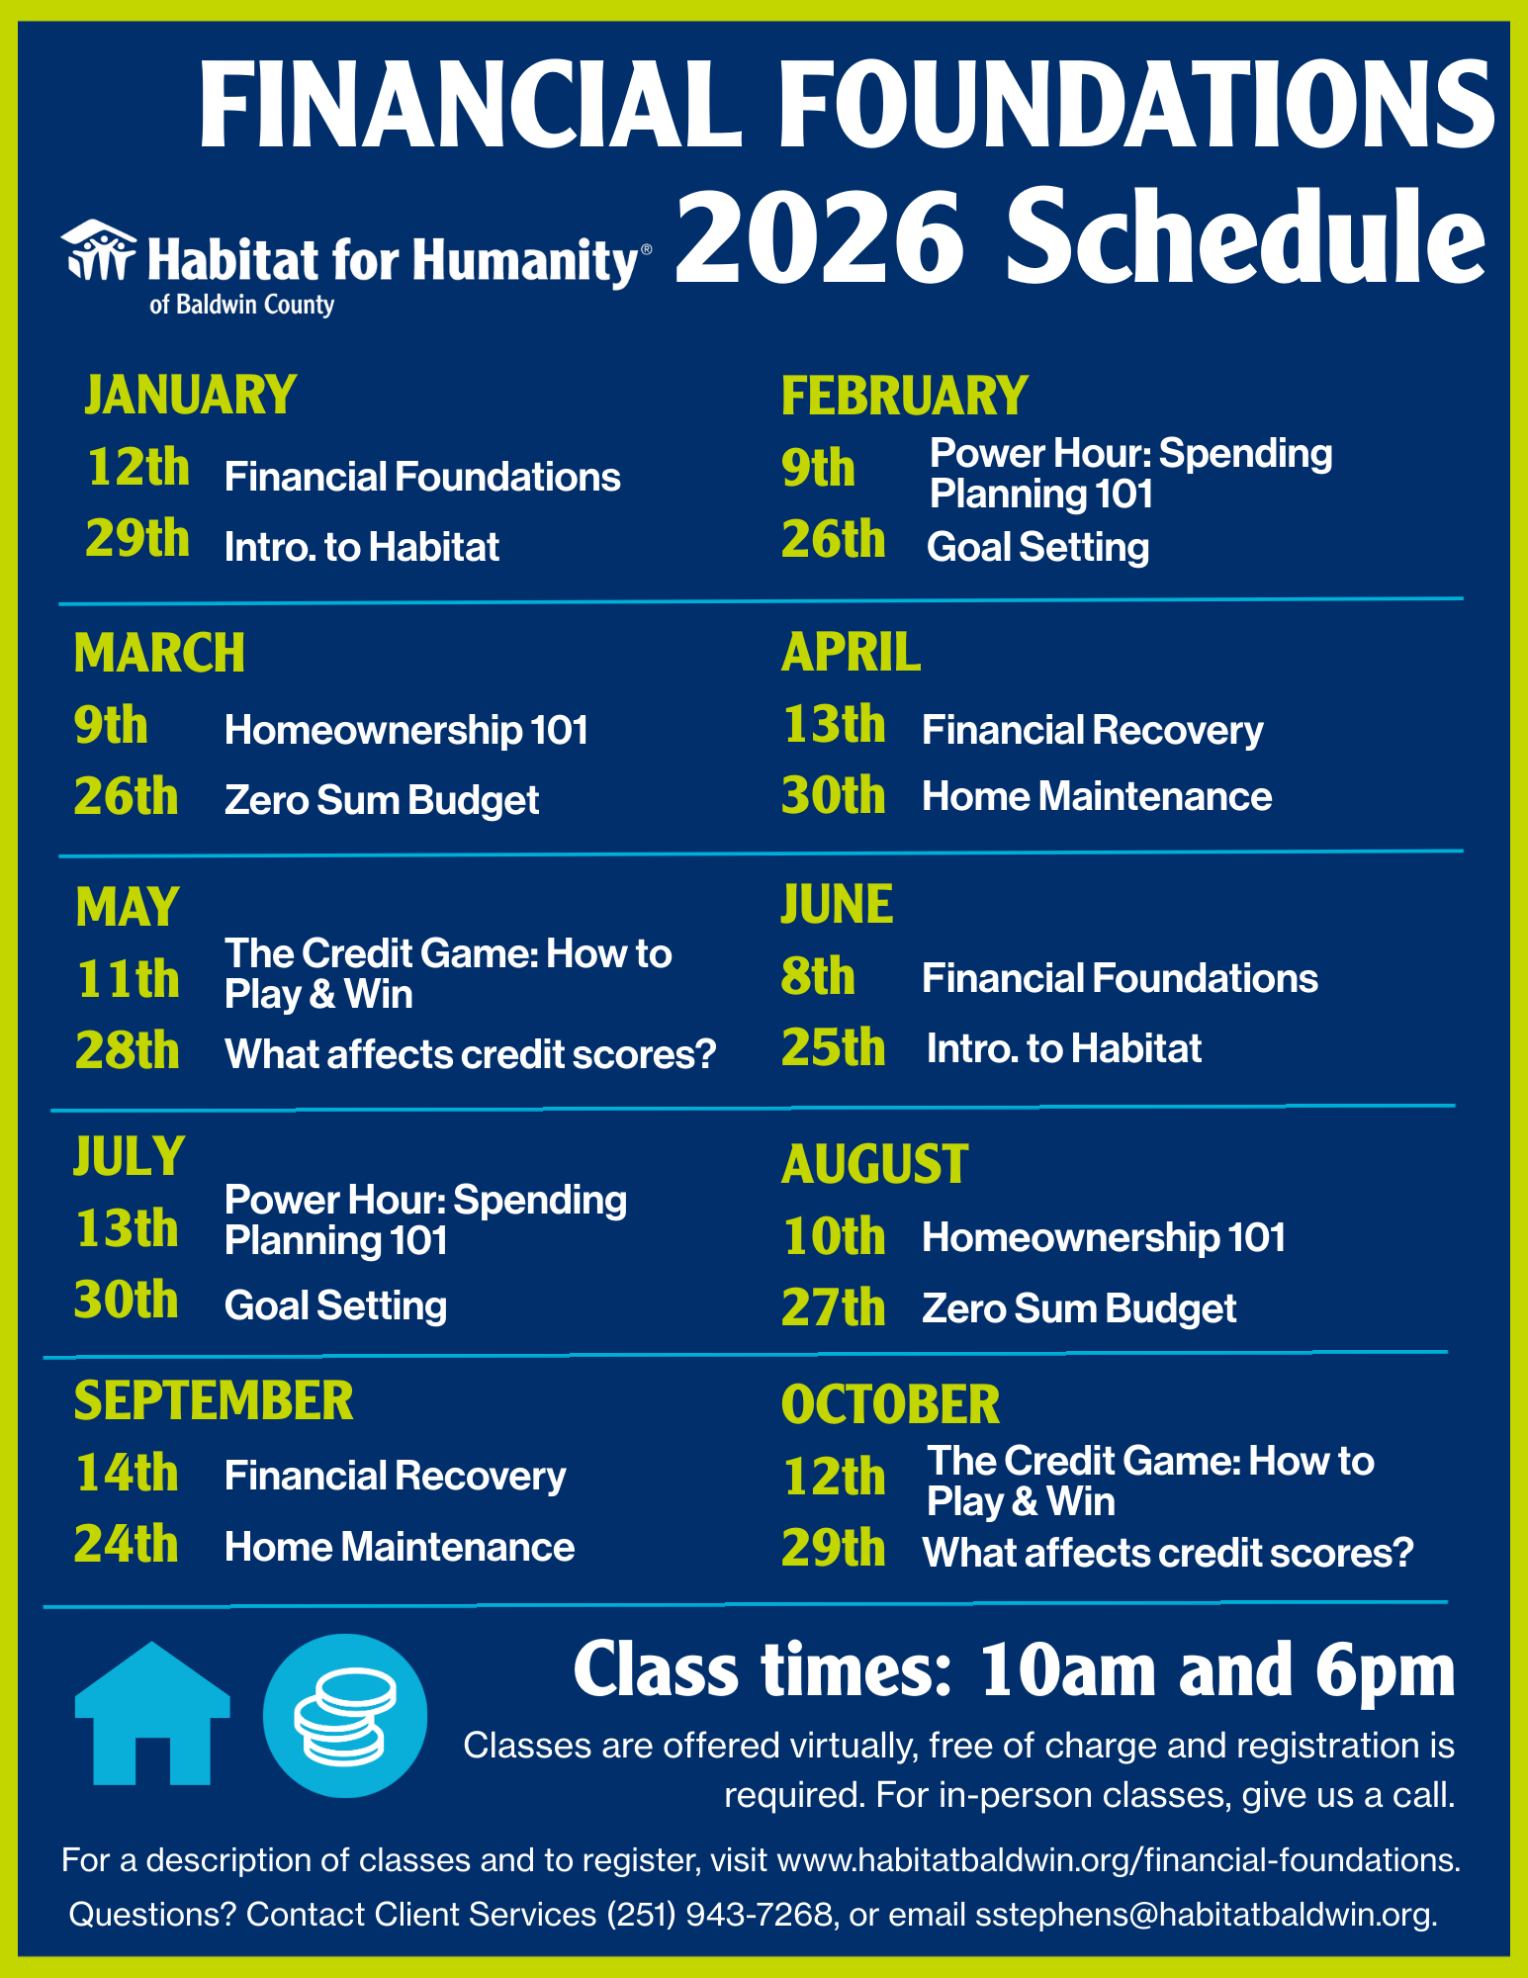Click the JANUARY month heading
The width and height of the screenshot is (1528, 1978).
[x=190, y=395]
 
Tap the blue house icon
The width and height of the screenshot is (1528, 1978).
[x=152, y=1714]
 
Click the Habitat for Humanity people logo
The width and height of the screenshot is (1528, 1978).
[x=98, y=249]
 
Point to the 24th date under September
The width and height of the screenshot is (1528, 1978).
[x=127, y=1544]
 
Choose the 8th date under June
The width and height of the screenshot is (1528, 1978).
[x=818, y=976]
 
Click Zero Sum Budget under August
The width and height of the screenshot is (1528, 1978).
[x=1079, y=1308]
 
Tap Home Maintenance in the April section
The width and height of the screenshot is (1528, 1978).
[x=1097, y=796]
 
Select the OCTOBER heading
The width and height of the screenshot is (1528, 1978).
[x=890, y=1404]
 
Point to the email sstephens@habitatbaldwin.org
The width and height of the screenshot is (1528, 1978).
[x=1205, y=1915]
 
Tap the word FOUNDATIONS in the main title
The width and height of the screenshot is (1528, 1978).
[x=1136, y=104]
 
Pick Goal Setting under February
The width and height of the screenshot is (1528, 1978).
[x=1037, y=547]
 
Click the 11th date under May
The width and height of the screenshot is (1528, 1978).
[x=129, y=979]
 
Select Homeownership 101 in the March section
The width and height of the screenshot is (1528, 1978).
[x=406, y=730]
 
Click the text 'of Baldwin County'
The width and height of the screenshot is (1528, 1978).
[x=241, y=305]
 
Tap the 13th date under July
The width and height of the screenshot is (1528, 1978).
[x=127, y=1228]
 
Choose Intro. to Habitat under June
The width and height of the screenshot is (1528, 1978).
[x=1064, y=1048]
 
